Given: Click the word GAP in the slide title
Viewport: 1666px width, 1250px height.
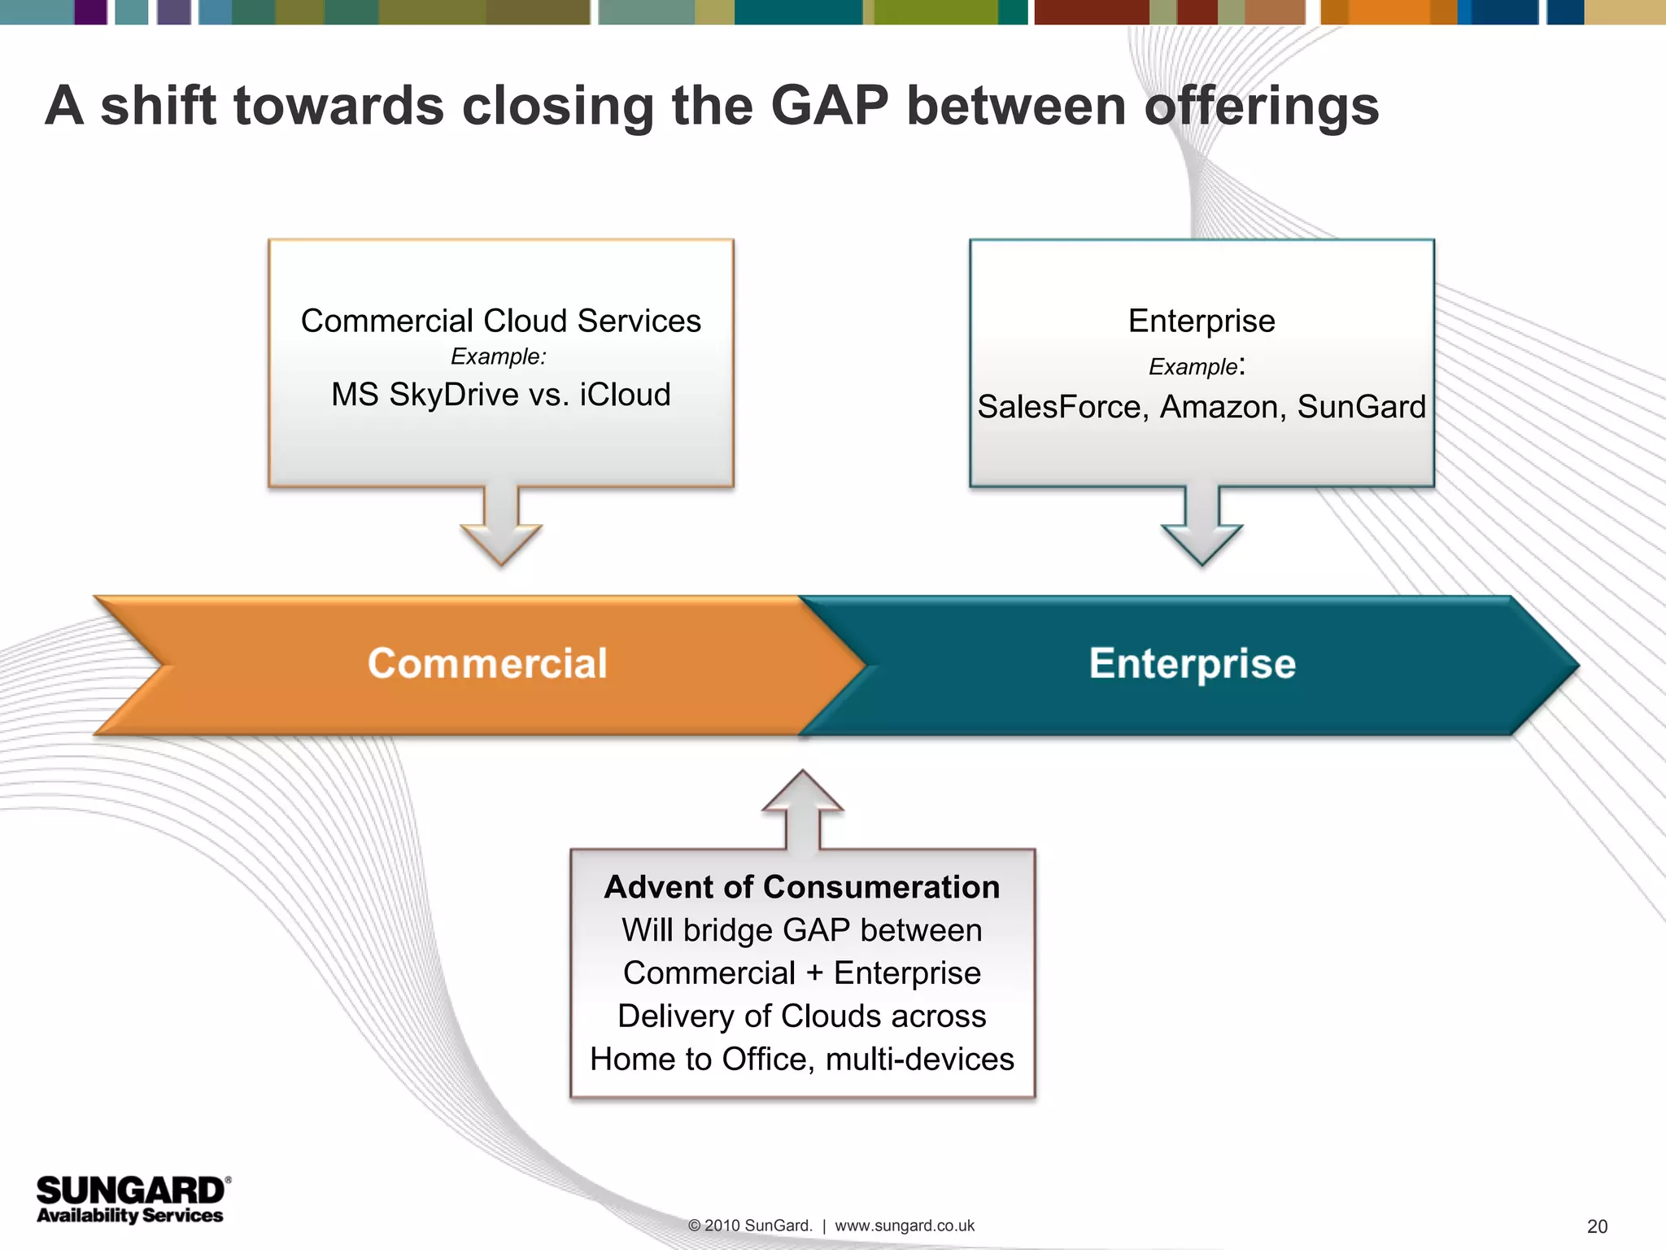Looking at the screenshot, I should (829, 107).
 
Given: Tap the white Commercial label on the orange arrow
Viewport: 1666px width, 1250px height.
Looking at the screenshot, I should (487, 663).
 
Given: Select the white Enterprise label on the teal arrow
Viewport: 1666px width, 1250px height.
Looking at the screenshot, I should (1192, 663).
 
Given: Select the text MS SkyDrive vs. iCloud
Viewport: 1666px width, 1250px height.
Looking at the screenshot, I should (501, 395).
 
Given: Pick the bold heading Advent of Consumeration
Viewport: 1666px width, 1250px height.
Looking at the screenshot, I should (802, 887).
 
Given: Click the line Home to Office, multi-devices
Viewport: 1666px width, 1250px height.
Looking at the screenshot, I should (802, 1059).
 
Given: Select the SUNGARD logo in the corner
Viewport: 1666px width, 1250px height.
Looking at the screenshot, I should (130, 1191).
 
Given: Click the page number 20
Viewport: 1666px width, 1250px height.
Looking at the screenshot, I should (1597, 1226).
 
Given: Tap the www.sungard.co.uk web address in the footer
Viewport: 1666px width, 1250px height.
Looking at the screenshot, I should (905, 1226).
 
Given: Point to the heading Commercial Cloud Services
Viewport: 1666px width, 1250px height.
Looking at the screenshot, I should (501, 321).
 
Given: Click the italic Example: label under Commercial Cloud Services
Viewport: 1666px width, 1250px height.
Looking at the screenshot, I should (499, 356).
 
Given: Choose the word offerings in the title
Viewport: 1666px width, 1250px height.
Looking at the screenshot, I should (1262, 107).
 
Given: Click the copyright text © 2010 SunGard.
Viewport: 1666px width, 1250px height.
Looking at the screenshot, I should (749, 1226).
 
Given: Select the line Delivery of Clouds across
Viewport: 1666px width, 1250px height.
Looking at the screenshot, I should (802, 1016).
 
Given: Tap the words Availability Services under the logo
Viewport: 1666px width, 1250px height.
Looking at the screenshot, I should (130, 1215).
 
